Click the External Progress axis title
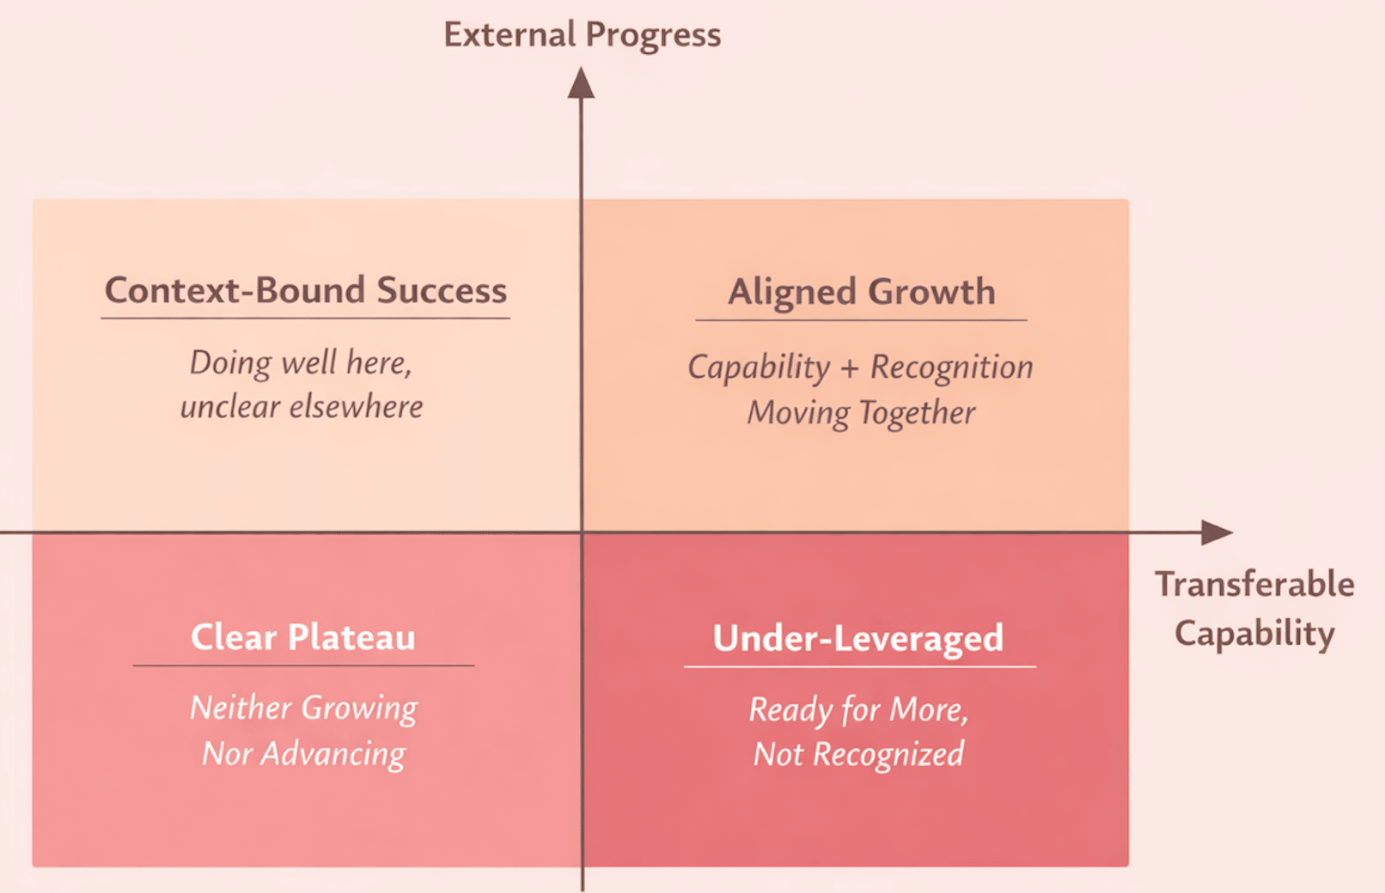point(583,35)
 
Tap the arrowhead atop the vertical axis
point(581,82)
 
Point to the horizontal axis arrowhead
point(1217,532)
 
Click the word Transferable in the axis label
point(1254,585)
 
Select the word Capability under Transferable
point(1254,634)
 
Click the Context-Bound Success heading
point(306,290)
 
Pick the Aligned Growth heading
point(861,292)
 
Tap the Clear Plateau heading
point(303,637)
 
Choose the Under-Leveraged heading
point(858,639)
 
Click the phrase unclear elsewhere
point(302,407)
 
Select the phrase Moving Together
point(861,413)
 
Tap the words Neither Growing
point(303,708)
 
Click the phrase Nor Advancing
point(303,754)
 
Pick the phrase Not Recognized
point(858,755)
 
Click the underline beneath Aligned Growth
point(861,320)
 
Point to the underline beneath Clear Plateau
point(303,665)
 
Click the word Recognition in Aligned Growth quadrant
point(952,368)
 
